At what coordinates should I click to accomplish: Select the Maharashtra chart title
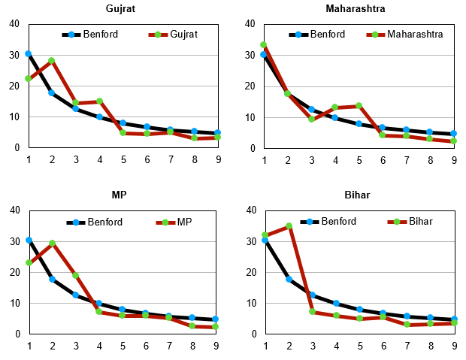point(357,9)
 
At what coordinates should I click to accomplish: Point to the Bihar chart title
point(357,195)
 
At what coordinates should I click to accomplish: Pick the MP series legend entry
point(179,222)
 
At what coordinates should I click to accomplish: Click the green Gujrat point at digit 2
point(52,60)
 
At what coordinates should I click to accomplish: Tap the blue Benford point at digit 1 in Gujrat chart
point(29,54)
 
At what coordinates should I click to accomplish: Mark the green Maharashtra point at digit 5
point(359,106)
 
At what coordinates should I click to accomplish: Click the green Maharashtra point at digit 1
point(263,45)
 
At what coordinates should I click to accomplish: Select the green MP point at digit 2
point(52,243)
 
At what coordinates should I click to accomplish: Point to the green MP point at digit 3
point(75,275)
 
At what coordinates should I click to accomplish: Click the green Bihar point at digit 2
point(288,225)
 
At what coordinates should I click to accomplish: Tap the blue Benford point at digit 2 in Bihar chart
point(288,279)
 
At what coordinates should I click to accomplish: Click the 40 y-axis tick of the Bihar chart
point(251,210)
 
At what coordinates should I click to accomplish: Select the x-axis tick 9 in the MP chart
point(217,345)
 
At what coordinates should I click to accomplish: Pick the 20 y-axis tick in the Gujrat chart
point(14,86)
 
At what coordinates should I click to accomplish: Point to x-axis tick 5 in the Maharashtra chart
point(359,160)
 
